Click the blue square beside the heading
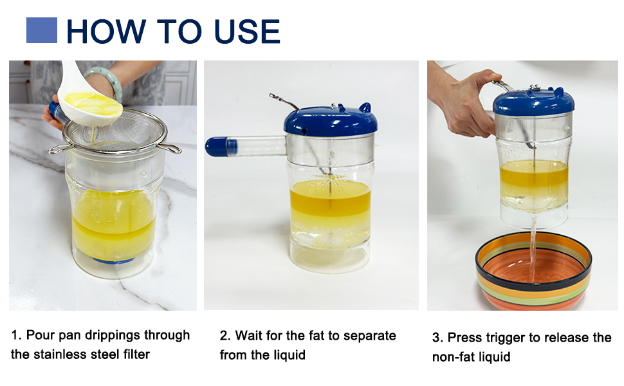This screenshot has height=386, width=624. tap(42, 30)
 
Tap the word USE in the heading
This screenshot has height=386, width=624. tap(247, 31)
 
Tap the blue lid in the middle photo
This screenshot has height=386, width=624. tap(330, 120)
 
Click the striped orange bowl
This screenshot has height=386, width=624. tap(533, 271)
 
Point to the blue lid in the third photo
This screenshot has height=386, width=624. tap(534, 102)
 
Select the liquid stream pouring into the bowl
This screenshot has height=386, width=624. tap(533, 247)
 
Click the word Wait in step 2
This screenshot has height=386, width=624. tap(249, 335)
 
